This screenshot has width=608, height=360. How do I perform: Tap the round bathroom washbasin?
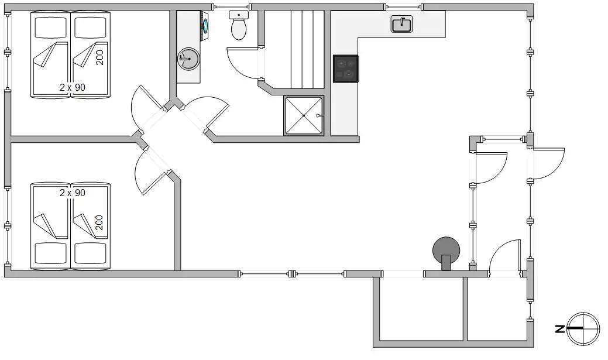[x=188, y=59]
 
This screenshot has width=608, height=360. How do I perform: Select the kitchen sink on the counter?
[x=401, y=25]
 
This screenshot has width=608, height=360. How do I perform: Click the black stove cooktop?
[x=346, y=68]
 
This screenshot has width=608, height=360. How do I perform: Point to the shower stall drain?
[x=304, y=115]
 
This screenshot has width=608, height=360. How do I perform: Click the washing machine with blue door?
[x=204, y=26]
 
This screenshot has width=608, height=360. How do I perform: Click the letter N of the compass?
[x=559, y=329]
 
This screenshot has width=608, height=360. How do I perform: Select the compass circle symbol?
[x=583, y=328]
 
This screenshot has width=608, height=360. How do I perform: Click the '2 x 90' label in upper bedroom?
[x=73, y=87]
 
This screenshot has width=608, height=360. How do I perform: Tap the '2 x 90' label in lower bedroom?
[x=73, y=193]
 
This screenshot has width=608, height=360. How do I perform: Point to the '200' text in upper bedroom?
[x=99, y=57]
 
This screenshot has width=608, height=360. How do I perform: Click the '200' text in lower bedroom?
[x=99, y=222]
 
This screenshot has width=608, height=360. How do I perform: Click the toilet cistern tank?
[x=239, y=15]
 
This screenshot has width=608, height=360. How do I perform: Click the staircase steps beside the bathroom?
[x=307, y=49]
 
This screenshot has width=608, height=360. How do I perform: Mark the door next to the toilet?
[x=242, y=63]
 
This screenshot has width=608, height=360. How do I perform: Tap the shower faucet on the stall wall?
[x=319, y=115]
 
